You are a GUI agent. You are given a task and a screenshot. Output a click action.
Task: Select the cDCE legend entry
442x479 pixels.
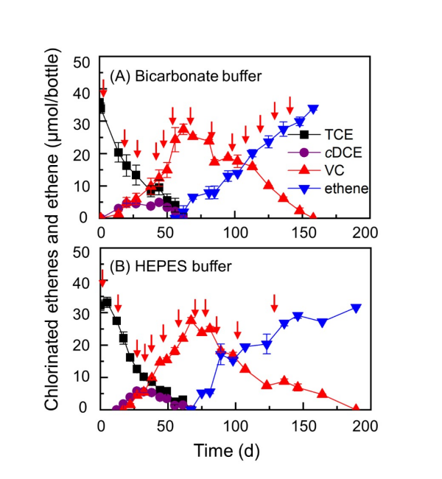pyautogui.click(x=334, y=154)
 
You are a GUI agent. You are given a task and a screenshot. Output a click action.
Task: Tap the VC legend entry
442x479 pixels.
pyautogui.click(x=330, y=172)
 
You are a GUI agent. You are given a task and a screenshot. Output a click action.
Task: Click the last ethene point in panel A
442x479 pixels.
pyautogui.click(x=313, y=109)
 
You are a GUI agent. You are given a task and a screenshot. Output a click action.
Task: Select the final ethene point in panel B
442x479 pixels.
pyautogui.click(x=356, y=308)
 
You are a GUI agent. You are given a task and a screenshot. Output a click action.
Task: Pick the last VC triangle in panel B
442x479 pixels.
pyautogui.click(x=356, y=408)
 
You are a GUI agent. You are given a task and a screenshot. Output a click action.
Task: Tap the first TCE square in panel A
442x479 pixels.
pyautogui.click(x=102, y=108)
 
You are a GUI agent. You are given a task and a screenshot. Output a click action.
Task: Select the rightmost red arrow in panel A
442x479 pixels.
pyautogui.click(x=290, y=105)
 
